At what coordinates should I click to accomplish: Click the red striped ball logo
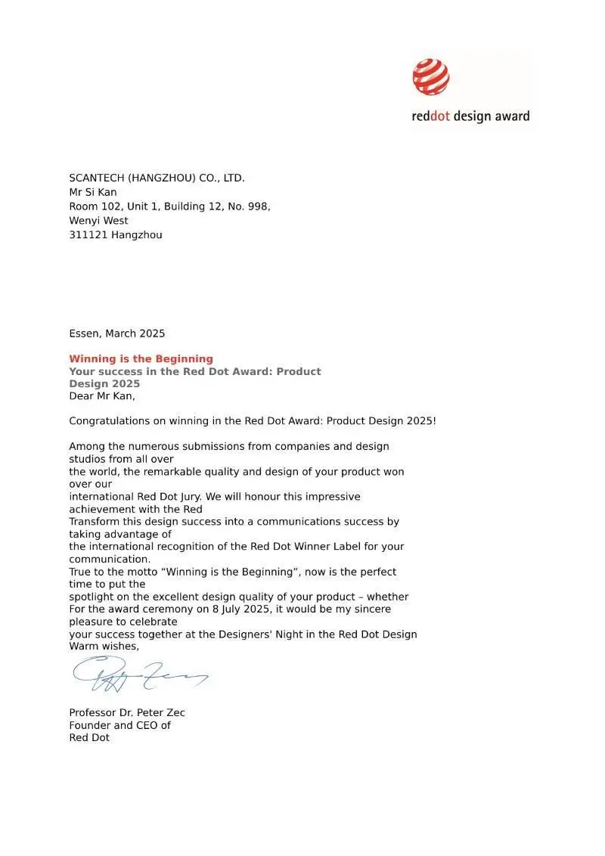pos(431,77)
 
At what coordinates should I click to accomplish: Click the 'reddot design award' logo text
pos(470,116)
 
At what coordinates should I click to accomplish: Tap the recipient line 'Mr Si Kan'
pos(93,193)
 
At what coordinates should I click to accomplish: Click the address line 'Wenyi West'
pos(98,221)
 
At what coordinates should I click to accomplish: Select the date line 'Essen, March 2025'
pos(116,333)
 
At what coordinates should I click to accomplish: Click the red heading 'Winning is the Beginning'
pos(141,359)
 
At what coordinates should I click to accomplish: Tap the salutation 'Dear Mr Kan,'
pos(102,395)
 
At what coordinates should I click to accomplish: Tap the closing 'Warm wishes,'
pos(104,647)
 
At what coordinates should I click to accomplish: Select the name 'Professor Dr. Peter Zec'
pos(127,713)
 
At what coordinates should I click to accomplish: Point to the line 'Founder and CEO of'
pos(119,726)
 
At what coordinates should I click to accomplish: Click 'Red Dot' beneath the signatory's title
pos(89,738)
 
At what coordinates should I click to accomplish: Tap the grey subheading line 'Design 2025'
pos(104,384)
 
